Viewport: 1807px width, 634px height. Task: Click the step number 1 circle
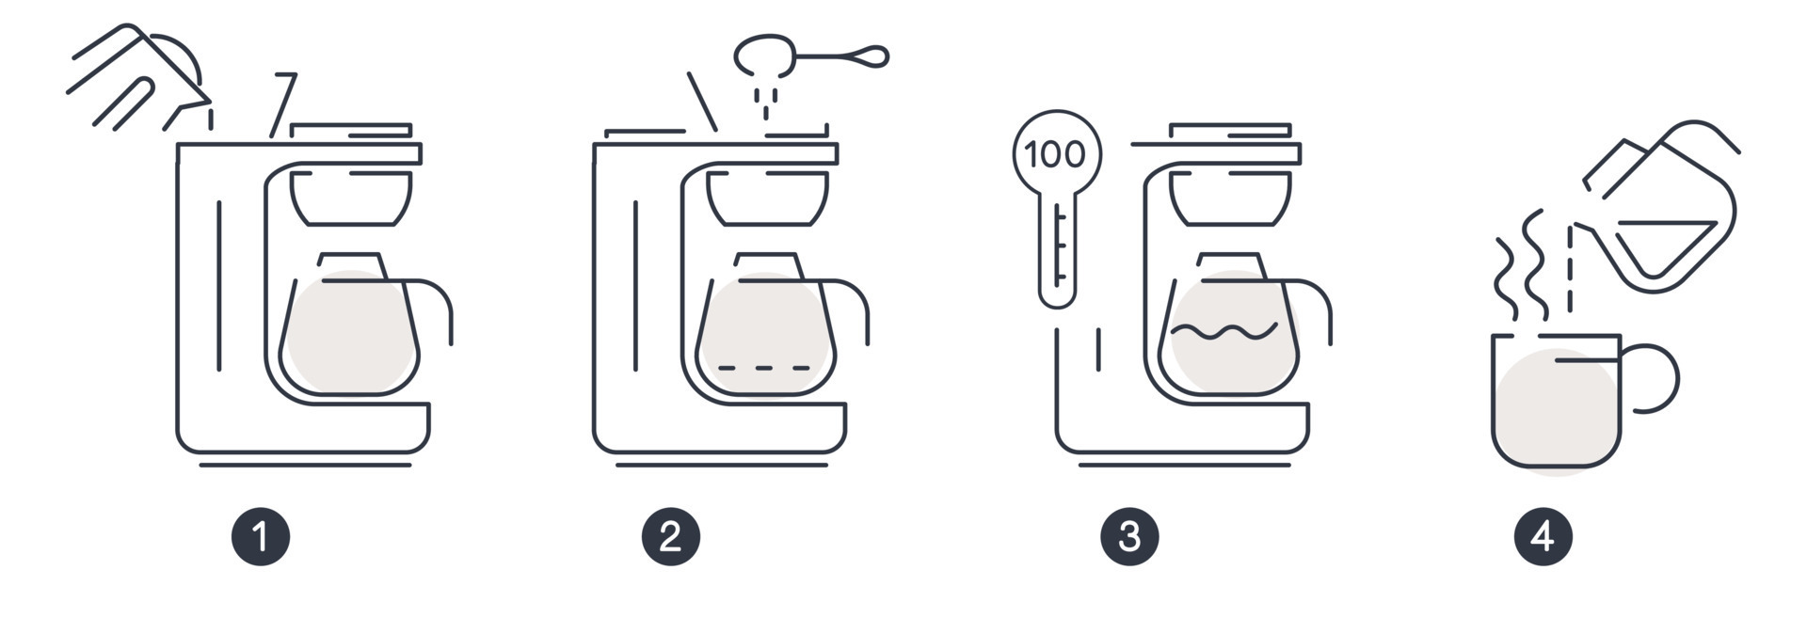(x=261, y=537)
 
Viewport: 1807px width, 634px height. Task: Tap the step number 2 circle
(x=670, y=537)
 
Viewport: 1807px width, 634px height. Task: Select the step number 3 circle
(x=1129, y=537)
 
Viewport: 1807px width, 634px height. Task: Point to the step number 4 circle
(x=1543, y=537)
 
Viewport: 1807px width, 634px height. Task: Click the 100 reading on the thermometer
(x=1056, y=154)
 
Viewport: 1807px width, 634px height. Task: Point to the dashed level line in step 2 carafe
(x=764, y=367)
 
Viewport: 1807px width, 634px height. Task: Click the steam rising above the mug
(x=1521, y=268)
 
